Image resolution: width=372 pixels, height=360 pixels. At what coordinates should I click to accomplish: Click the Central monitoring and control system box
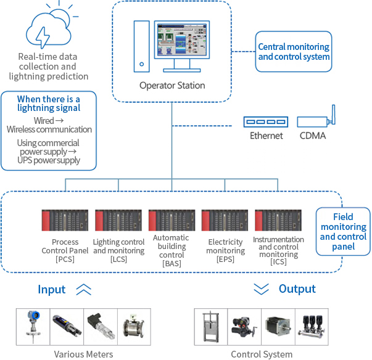pyautogui.click(x=294, y=52)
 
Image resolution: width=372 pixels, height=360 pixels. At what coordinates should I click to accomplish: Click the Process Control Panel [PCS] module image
pyautogui.click(x=65, y=220)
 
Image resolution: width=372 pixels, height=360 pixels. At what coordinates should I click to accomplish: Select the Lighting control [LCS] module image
pyautogui.click(x=118, y=220)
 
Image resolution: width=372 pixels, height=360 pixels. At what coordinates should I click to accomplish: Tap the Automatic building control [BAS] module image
pyautogui.click(x=172, y=220)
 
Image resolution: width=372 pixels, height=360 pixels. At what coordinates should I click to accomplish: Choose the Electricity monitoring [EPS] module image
pyautogui.click(x=225, y=220)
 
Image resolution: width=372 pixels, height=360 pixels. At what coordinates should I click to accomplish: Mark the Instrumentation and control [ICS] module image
pyautogui.click(x=278, y=220)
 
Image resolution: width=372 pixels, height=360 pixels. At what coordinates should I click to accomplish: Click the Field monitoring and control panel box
pyautogui.click(x=343, y=232)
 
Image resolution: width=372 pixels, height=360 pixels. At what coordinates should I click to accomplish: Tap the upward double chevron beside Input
pyautogui.click(x=83, y=288)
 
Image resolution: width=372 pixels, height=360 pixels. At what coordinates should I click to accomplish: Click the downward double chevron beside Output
pyautogui.click(x=262, y=288)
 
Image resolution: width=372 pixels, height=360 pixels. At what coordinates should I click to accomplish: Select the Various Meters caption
pyautogui.click(x=83, y=354)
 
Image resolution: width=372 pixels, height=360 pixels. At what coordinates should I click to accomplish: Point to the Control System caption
pyautogui.click(x=262, y=354)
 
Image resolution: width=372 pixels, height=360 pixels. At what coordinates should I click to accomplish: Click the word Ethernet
pyautogui.click(x=267, y=136)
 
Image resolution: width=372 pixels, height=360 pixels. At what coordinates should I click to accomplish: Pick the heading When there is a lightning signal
pyautogui.click(x=48, y=103)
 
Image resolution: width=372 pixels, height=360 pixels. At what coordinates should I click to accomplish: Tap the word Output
pyautogui.click(x=297, y=288)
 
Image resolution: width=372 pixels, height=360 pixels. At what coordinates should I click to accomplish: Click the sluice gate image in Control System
pyautogui.click(x=213, y=327)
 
